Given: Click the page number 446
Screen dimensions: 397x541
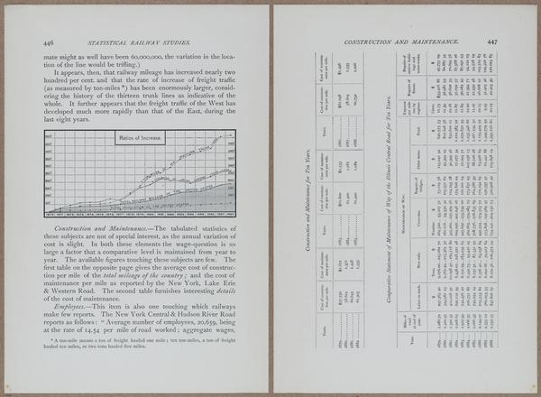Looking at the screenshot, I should click(x=48, y=42).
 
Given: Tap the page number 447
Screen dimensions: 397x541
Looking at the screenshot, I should click(x=492, y=42).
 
